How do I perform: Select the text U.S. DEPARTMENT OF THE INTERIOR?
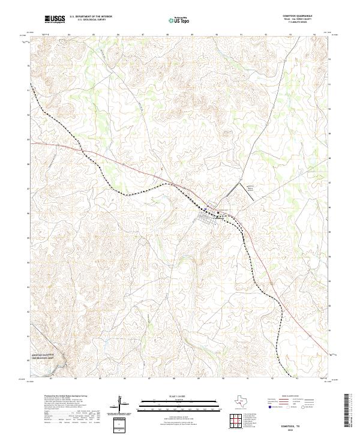point(91,17)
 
